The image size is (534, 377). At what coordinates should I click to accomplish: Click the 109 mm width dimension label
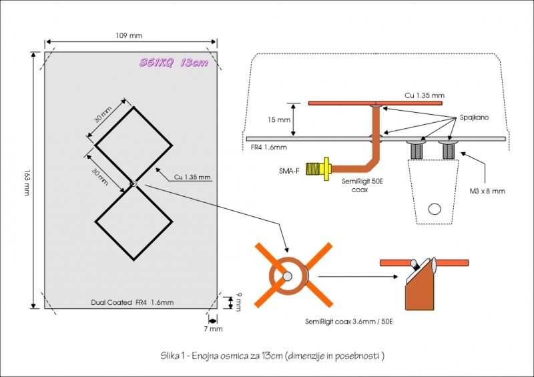point(129,35)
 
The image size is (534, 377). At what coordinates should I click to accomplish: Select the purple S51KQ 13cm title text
point(174,63)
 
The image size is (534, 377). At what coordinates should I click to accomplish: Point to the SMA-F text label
point(289,171)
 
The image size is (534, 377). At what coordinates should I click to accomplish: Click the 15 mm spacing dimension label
point(279,120)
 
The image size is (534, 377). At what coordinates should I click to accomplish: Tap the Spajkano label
point(474,117)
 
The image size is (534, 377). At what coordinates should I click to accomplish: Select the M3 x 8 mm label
point(487,191)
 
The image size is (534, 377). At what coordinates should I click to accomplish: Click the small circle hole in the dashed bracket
point(435,209)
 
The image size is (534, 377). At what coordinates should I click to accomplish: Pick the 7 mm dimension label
point(213,329)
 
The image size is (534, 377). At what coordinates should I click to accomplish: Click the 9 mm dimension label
point(238,302)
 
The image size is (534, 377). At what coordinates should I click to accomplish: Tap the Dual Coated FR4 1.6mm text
point(132,302)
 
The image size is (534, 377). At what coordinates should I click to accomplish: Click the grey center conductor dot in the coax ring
point(287,276)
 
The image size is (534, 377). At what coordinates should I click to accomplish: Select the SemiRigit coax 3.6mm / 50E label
point(348,321)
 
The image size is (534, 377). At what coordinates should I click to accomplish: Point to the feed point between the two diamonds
point(133,184)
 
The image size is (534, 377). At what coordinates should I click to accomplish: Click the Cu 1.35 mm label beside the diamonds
point(192,177)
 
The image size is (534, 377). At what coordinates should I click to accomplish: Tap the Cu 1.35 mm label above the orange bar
point(425,95)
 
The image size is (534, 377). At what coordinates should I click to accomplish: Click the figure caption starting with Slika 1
point(272,356)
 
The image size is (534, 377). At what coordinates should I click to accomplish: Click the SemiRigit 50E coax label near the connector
point(362,185)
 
